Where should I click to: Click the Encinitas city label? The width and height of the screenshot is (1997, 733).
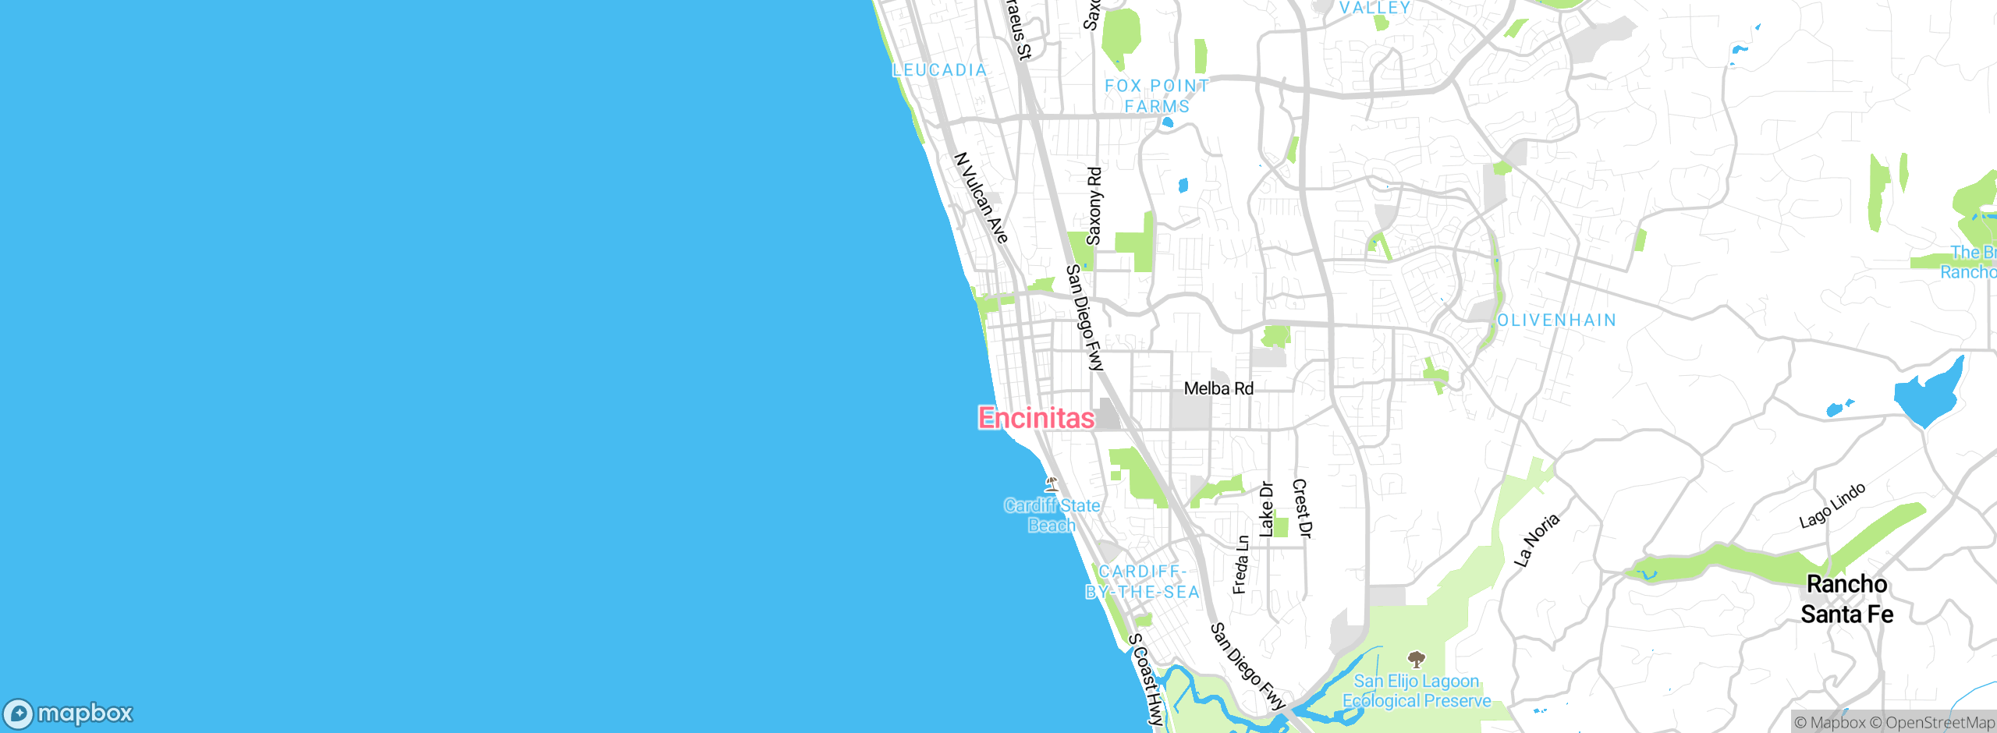point(1036,418)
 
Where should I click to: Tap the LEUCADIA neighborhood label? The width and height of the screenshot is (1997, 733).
point(939,70)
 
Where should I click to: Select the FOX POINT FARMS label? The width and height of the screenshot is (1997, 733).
point(1157,96)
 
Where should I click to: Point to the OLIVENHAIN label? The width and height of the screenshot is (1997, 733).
point(1556,320)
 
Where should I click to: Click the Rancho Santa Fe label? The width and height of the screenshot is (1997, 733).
point(1846,599)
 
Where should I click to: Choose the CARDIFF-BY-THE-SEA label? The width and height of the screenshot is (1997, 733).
point(1143,582)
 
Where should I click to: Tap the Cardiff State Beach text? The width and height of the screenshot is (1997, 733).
point(1052,515)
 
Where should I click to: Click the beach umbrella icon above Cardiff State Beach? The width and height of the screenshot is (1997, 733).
point(1052,483)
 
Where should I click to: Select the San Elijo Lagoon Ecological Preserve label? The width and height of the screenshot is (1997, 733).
point(1417,691)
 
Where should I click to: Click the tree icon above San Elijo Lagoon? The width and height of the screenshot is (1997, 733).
point(1417,660)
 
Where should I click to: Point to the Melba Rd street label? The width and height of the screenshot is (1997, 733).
point(1218,388)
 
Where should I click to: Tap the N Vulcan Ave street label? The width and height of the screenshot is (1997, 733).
point(981,197)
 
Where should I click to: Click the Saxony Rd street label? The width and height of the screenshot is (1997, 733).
point(1094,206)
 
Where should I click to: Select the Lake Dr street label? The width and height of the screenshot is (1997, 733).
point(1267,509)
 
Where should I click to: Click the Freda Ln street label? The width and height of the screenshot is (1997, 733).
point(1240,565)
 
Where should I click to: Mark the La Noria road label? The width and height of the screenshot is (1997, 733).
point(1537,540)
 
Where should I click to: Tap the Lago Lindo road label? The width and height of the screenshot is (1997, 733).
point(1832,505)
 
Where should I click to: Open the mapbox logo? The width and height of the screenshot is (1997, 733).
point(69,714)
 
